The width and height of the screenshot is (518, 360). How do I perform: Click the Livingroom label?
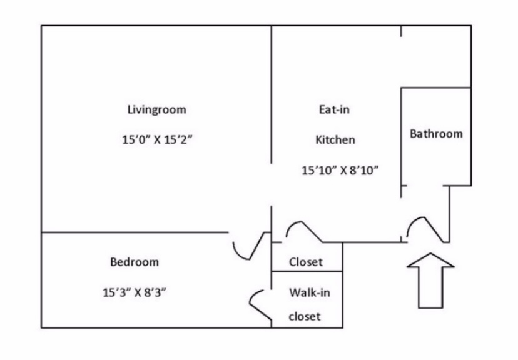tap(156, 109)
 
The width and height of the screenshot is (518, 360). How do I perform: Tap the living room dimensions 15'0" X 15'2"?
tap(156, 139)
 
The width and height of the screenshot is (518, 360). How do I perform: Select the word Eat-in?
tap(334, 109)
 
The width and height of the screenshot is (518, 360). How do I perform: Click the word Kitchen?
tap(335, 139)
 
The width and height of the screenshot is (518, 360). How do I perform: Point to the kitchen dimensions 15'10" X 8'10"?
tap(341, 170)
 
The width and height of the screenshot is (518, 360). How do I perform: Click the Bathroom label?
tap(436, 133)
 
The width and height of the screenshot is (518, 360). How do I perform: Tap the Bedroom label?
tap(135, 262)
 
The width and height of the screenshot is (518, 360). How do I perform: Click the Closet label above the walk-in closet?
tap(306, 262)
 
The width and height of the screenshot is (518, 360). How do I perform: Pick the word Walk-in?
tap(306, 292)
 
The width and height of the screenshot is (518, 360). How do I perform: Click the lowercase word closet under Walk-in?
tap(305, 316)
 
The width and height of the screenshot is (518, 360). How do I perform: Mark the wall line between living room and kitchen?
tap(271, 94)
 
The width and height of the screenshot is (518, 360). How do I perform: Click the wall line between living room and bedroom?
tap(135, 232)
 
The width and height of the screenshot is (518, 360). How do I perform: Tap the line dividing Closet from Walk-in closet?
tap(307, 272)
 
